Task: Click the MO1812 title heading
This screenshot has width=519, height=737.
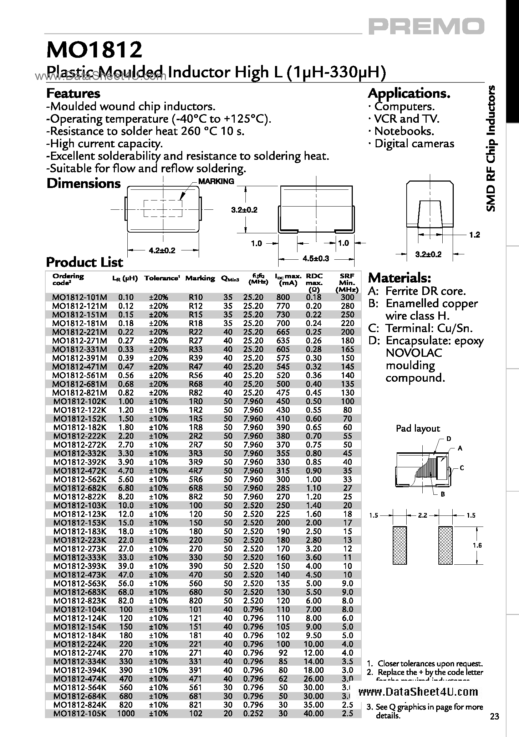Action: (94, 50)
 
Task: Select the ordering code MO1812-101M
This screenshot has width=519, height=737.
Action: (79, 297)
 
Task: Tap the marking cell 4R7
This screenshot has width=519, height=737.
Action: (195, 471)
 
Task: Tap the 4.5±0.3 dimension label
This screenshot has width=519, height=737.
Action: (316, 258)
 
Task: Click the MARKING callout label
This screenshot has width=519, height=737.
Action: (216, 181)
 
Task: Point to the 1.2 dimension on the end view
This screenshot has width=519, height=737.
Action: (474, 235)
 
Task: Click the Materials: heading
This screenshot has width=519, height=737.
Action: (400, 277)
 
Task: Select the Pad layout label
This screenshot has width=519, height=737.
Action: (418, 428)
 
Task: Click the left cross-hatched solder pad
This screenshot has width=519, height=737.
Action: (400, 545)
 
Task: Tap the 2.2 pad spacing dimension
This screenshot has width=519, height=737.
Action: (422, 515)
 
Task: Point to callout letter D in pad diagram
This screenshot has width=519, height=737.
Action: (449, 439)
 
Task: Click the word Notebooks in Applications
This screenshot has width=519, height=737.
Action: (404, 131)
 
